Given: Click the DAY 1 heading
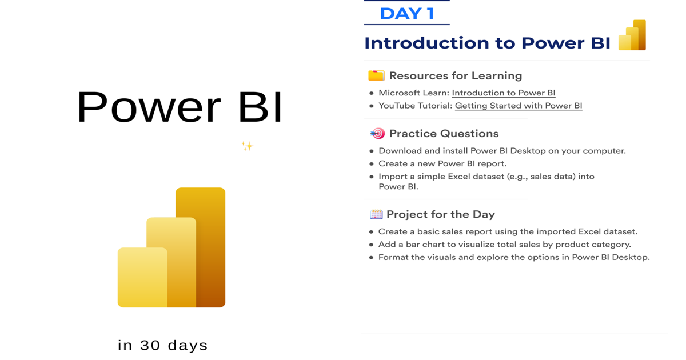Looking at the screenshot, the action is click(407, 14).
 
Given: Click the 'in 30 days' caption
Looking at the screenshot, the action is click(162, 345).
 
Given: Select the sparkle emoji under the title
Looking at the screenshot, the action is click(247, 146).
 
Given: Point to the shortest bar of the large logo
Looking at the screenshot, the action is click(142, 277).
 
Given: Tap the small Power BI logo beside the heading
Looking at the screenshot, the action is click(632, 35).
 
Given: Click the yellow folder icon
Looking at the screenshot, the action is click(376, 75).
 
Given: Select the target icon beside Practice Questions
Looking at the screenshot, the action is click(378, 134).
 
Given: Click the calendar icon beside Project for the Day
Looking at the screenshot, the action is click(376, 214).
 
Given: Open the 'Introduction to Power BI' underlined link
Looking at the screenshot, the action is click(504, 93).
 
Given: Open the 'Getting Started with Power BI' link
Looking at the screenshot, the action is click(519, 106).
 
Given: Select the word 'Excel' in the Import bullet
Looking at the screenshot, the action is click(460, 177).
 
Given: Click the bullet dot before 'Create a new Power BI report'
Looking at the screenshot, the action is click(372, 164).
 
